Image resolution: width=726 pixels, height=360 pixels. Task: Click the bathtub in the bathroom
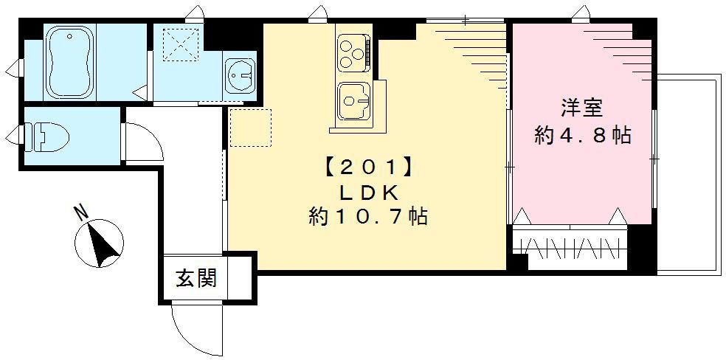coord(71,60)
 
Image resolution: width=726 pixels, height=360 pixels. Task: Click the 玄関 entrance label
coord(196,279)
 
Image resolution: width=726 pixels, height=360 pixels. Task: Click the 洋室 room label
coord(582,108)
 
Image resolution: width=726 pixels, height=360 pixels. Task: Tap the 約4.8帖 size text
coord(582,135)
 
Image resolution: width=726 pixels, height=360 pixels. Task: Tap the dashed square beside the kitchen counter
coord(250,128)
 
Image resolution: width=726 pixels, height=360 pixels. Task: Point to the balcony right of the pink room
coord(687,173)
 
